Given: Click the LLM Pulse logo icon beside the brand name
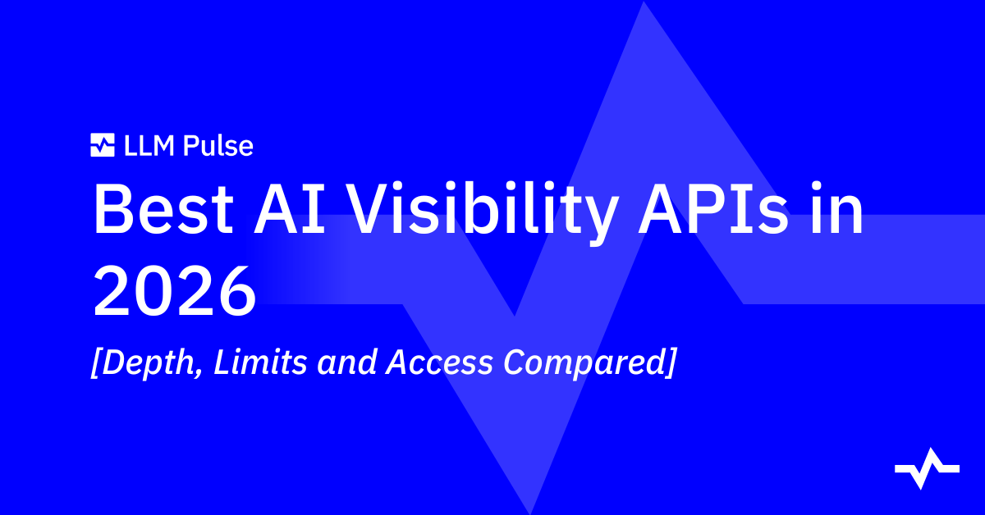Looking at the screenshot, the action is coord(103,145).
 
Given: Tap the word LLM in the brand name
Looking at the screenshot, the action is coord(149,145).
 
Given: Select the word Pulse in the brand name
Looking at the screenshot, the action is coord(218,145).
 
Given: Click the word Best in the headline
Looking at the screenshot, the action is coord(163,209).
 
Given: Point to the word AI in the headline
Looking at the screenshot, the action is coord(290,209).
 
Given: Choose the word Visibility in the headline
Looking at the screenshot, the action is coord(482,213).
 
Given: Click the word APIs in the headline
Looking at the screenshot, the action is coord(713,209).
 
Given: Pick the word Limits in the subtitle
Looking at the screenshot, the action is coord(260,362).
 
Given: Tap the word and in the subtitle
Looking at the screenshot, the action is coord(347,362).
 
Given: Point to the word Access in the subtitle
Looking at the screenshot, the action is coord(439,363).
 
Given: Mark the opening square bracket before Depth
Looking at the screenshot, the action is coord(96,363).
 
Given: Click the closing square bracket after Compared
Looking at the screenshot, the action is coord(670,363).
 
